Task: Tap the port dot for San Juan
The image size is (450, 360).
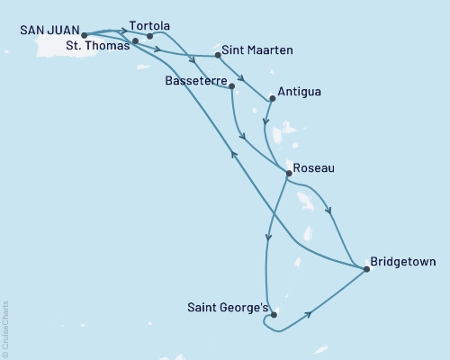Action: pyautogui.click(x=84, y=37)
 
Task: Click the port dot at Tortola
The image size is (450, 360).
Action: pyautogui.click(x=149, y=37)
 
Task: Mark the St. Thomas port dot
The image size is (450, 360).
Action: pyautogui.click(x=135, y=41)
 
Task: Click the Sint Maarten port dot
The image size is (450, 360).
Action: pyautogui.click(x=219, y=56)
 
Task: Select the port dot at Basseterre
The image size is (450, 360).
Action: pyautogui.click(x=232, y=86)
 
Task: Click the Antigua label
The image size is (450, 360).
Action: pyautogui.click(x=301, y=91)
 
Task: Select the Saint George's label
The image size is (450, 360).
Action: pyautogui.click(x=226, y=307)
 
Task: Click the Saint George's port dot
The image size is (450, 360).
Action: pyautogui.click(x=274, y=315)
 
